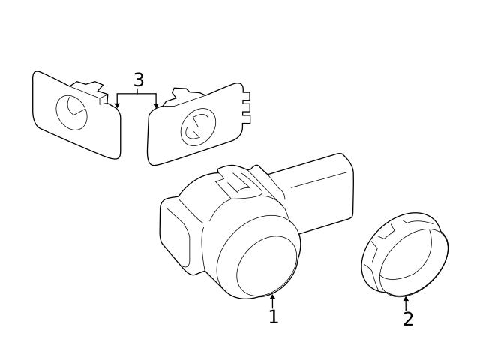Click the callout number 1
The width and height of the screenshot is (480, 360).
(x=274, y=317)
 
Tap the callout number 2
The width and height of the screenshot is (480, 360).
(x=408, y=319)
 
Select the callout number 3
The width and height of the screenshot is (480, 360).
(x=138, y=80)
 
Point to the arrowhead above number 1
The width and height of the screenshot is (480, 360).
(x=273, y=298)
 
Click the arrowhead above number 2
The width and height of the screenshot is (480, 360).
(x=406, y=298)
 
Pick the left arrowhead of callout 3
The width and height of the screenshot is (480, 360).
(x=117, y=106)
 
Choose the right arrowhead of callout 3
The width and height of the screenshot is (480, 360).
(x=156, y=106)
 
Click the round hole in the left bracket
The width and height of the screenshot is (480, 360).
(x=73, y=112)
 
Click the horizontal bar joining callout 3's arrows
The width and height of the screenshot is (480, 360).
(x=136, y=94)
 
